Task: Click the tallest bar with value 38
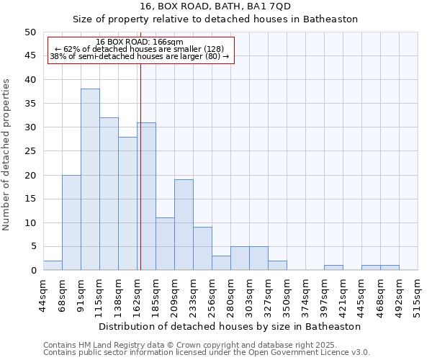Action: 90,179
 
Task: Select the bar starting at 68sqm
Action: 71,222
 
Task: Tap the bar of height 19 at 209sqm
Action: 184,225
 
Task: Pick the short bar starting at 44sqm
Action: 53,265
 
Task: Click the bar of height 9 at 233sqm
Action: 202,248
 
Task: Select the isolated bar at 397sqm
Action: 333,268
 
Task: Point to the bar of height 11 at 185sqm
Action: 165,244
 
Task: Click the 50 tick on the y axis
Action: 30,32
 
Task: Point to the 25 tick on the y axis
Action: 30,151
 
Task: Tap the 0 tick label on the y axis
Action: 33,271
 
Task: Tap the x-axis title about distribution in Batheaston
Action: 230,326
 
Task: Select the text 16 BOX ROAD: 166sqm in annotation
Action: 140,42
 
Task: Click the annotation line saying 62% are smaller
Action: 140,49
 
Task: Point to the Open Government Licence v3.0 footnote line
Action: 207,352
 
